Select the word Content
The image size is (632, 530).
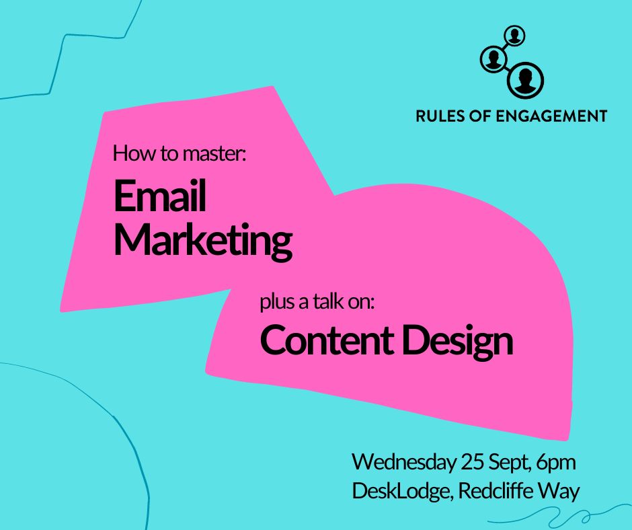click(325, 341)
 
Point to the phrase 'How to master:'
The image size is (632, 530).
click(180, 154)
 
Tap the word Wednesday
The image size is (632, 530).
click(404, 463)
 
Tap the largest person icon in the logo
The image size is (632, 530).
click(525, 80)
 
